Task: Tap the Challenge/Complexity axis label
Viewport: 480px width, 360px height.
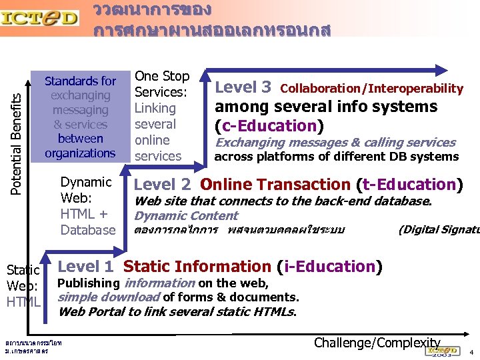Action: pyautogui.click(x=377, y=343)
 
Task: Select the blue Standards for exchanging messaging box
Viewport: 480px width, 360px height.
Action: pyautogui.click(x=80, y=117)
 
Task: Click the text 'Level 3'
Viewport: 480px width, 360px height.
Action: pyautogui.click(x=244, y=87)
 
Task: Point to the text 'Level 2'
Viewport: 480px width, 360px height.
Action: pyautogui.click(x=164, y=185)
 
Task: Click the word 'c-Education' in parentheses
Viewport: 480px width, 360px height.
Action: pyautogui.click(x=269, y=125)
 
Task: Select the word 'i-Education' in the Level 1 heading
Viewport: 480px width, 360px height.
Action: pyautogui.click(x=330, y=267)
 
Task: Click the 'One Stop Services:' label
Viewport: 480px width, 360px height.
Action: pyautogui.click(x=162, y=84)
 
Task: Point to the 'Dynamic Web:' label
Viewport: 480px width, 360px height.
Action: pyautogui.click(x=86, y=190)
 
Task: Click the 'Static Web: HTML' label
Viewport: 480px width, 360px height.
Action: pyautogui.click(x=23, y=286)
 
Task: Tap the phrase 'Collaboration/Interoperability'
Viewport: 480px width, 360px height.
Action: pyautogui.click(x=372, y=89)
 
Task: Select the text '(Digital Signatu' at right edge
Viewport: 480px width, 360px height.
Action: pyautogui.click(x=438, y=231)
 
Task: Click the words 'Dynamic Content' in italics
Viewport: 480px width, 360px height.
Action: pyautogui.click(x=186, y=216)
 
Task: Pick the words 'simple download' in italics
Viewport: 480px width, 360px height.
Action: pyautogui.click(x=109, y=297)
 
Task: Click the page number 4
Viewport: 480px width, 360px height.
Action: pyautogui.click(x=471, y=351)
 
